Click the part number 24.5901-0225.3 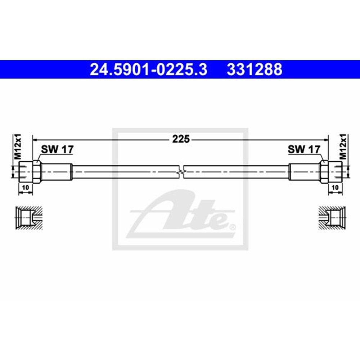(148, 69)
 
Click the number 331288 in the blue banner (254, 69)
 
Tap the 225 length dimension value (180, 139)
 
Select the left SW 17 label (56, 149)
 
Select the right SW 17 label (304, 149)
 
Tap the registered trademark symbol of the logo (233, 227)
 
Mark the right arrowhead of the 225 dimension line (326, 139)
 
